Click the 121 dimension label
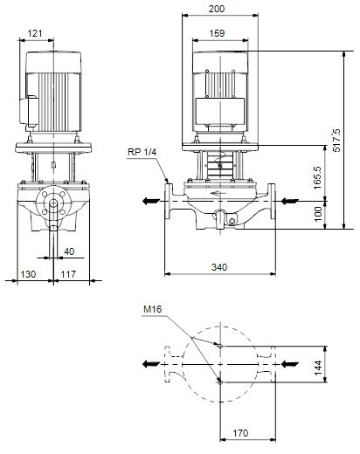pos(35,33)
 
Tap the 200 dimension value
pos(217,9)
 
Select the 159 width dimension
pos(217,33)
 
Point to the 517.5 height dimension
pos(336,140)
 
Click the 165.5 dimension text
pos(317,177)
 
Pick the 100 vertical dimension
pos(318,214)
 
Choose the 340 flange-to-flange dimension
pos(219,267)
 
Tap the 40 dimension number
pos(69,251)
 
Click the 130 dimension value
pos(28,274)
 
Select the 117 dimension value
pos(68,274)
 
